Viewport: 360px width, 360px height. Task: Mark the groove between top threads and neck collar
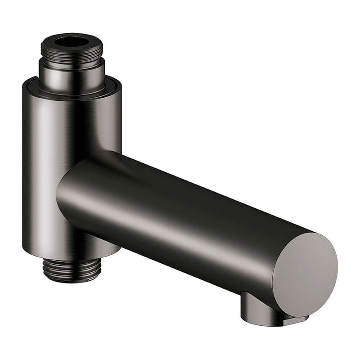pyautogui.click(x=72, y=62)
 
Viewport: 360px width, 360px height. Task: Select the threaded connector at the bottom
pyautogui.click(x=72, y=270)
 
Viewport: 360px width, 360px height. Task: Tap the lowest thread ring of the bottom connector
pyautogui.click(x=72, y=279)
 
